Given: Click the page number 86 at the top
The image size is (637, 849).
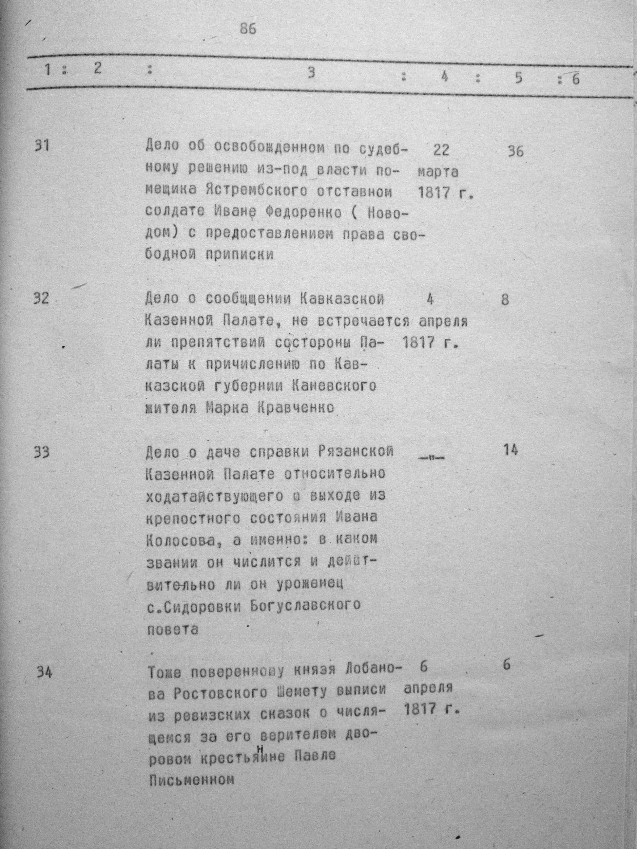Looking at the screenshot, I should pos(248,29).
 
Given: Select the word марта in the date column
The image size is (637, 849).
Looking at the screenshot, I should pos(438,172).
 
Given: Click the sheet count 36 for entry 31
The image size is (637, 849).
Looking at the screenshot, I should pos(515,152).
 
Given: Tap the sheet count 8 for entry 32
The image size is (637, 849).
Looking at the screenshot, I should pos(505,300).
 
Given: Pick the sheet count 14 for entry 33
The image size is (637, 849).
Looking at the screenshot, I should pos(510,450).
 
